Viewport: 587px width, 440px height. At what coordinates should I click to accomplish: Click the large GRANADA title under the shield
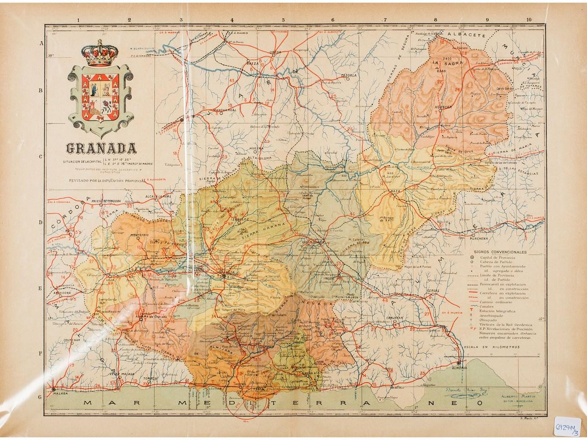click(101, 148)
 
